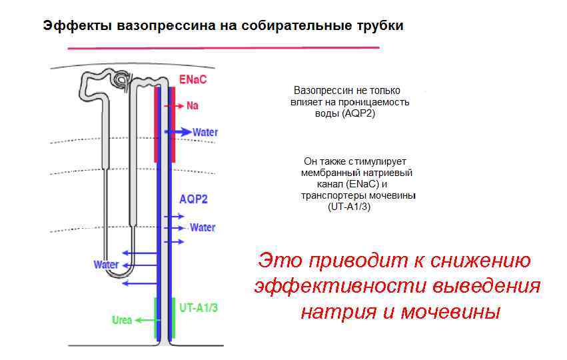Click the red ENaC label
point(193,80)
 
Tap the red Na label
point(193,105)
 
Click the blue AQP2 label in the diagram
point(193,199)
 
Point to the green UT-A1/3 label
point(199,307)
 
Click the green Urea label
point(122,320)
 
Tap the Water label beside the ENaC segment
point(205,132)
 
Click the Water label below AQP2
point(203,227)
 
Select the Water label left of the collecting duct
point(106,265)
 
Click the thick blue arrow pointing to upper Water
point(179,132)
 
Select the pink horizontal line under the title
point(223,48)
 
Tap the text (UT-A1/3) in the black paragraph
point(349,207)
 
